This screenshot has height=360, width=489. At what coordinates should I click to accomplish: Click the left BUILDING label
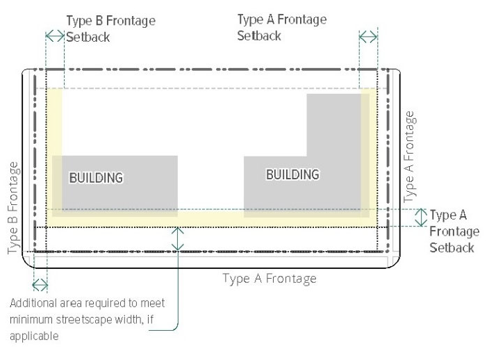point(96,177)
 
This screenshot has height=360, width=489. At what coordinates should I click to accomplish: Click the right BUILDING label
point(292,174)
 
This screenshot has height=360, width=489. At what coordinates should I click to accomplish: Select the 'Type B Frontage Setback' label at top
point(110,28)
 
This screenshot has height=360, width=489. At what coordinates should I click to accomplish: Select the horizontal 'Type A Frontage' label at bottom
point(270,279)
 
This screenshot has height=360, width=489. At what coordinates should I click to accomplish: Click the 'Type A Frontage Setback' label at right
point(452,231)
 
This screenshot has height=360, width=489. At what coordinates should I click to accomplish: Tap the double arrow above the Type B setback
point(54,34)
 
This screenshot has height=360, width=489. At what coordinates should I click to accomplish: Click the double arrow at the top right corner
point(368,36)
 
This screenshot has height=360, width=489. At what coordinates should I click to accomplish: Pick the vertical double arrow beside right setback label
point(420,217)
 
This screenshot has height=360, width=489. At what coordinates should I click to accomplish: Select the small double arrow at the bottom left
point(40,284)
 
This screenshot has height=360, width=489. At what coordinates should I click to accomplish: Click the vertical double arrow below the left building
point(179,239)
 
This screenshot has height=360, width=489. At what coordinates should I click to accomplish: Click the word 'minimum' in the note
point(29,320)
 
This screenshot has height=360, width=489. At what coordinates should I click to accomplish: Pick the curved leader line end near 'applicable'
point(151,330)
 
